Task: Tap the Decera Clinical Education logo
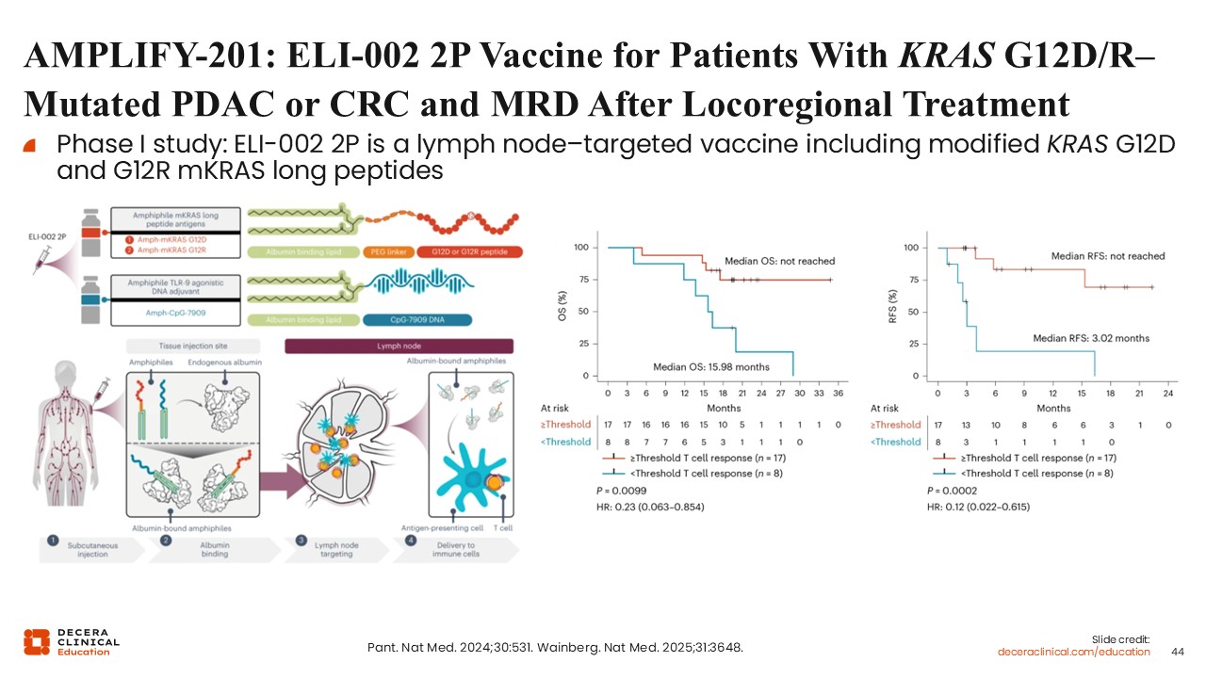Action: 72,641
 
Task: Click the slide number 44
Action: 1177,652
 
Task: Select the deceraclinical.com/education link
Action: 1074,652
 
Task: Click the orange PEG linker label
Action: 387,252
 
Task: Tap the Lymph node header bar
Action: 398,347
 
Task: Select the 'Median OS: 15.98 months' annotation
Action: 711,366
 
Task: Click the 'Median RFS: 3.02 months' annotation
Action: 1091,337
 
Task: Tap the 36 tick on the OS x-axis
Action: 838,393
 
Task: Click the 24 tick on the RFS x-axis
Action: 1167,393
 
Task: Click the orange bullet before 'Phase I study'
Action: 29,146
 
